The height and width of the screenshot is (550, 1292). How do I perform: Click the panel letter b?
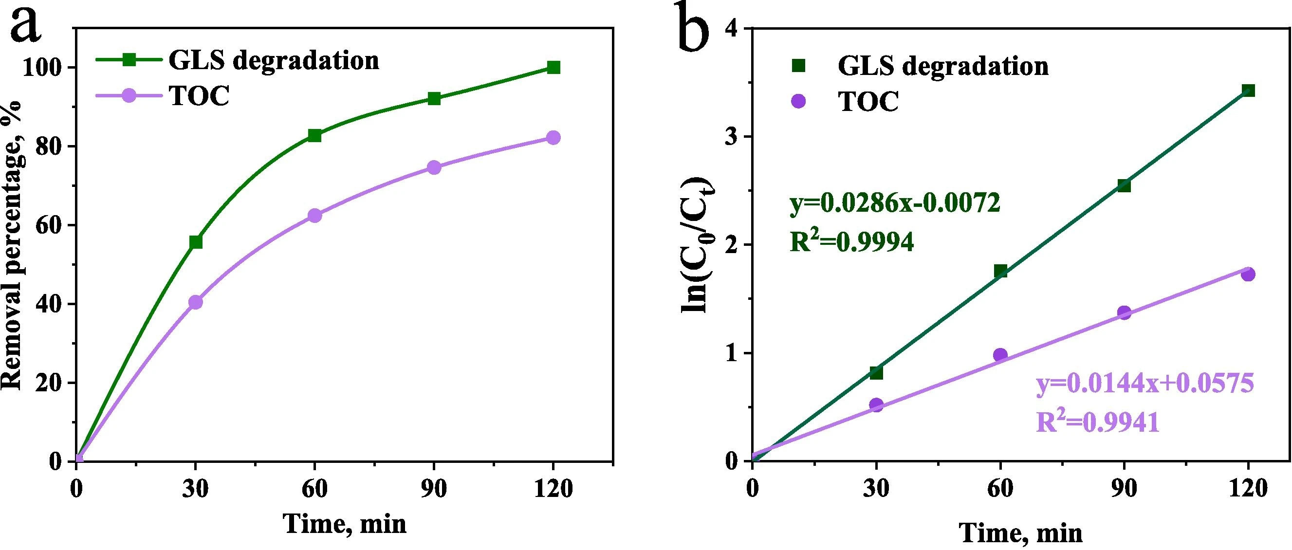(x=694, y=28)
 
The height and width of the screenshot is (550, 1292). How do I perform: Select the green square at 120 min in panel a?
(x=553, y=67)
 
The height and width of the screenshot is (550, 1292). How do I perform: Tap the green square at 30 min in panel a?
(x=196, y=242)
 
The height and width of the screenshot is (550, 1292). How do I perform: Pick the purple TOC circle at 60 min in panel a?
(x=314, y=216)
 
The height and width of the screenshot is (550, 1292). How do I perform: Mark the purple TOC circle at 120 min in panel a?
(x=553, y=137)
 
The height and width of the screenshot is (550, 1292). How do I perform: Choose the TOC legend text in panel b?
(x=868, y=102)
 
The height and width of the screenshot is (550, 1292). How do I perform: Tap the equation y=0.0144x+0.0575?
(x=1145, y=385)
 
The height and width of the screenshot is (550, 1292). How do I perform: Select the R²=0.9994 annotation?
(x=851, y=243)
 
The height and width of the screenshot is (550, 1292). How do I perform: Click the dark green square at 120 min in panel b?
(x=1248, y=90)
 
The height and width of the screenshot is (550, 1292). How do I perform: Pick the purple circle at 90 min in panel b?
(x=1124, y=312)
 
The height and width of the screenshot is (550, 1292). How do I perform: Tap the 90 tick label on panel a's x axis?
(x=434, y=489)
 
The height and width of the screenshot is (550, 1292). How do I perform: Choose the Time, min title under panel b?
(x=1021, y=533)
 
